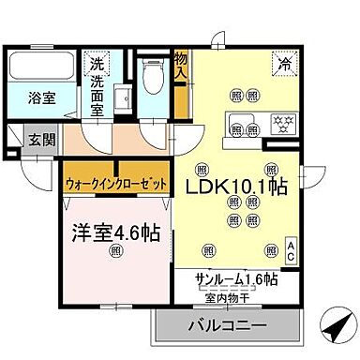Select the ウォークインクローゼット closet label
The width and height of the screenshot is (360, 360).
pyautogui.click(x=115, y=185)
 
